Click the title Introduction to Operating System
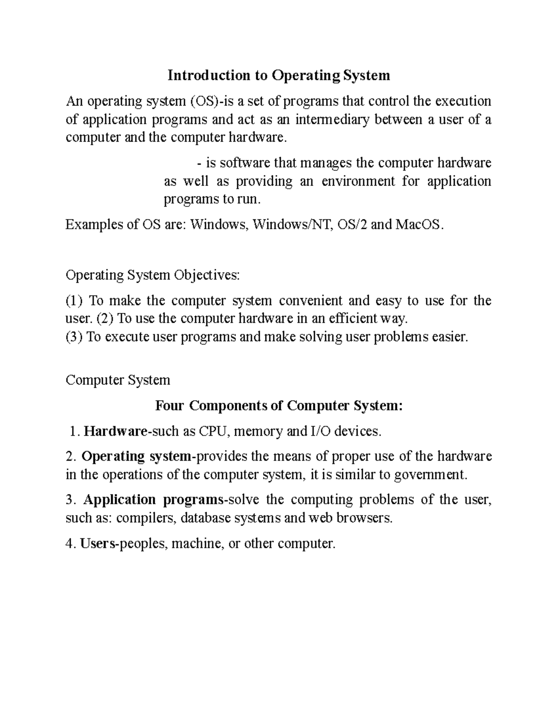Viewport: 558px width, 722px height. point(279,75)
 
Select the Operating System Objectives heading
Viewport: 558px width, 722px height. point(153,275)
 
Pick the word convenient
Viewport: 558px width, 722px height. point(310,301)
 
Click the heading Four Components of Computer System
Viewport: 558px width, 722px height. point(279,406)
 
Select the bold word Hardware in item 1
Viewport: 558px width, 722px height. point(115,431)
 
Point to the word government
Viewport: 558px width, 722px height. point(428,475)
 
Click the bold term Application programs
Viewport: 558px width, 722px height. point(153,500)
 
